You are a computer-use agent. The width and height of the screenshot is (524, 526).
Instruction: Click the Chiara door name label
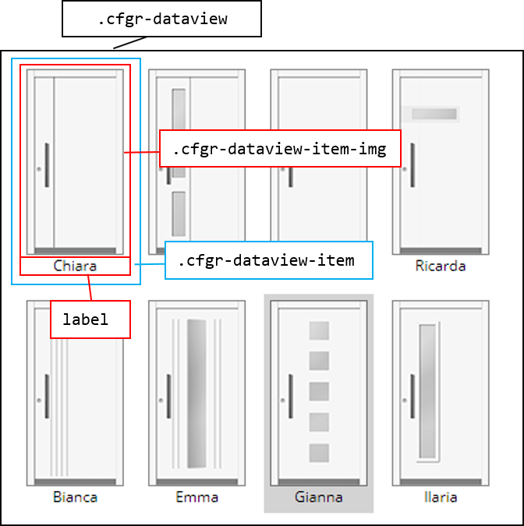coord(75,266)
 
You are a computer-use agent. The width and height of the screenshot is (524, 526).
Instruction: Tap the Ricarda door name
coord(441,266)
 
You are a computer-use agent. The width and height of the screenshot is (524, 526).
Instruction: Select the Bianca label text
coord(75,496)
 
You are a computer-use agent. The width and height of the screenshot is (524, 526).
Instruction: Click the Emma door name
coord(196,496)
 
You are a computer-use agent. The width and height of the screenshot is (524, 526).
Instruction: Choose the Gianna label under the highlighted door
coord(318,496)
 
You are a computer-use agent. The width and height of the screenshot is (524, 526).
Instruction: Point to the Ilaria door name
coord(441,496)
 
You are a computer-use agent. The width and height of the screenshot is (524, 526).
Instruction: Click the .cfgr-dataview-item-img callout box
coord(280,149)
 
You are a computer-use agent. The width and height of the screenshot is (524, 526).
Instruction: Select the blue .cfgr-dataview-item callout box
coord(268,260)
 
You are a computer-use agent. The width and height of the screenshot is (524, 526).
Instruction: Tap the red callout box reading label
coord(90,319)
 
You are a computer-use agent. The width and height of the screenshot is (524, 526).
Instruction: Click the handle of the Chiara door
coord(47,165)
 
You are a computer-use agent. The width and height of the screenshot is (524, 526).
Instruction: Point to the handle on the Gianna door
coord(291,396)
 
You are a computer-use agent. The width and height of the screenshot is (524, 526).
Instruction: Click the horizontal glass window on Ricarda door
coord(434,115)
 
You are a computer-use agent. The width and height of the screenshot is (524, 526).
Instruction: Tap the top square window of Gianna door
coord(319,331)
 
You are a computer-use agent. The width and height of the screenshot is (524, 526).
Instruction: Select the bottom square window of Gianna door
coord(319,453)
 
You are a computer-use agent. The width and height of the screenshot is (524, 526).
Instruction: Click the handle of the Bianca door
coord(47,396)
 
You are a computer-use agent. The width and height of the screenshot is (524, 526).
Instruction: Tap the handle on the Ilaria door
coord(412,396)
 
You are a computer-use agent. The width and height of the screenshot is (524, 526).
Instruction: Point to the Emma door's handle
coord(169,396)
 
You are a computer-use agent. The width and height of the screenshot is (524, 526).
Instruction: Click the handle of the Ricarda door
coord(412,165)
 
